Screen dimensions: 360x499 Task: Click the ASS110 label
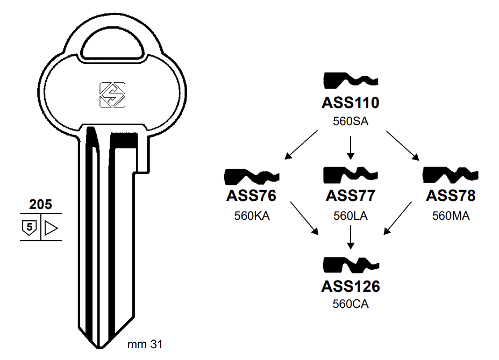click(350, 102)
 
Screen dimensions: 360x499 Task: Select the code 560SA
click(350, 121)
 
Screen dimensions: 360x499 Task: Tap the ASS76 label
click(251, 196)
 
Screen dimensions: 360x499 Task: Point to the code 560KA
click(251, 215)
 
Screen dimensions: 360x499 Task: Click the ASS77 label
click(350, 196)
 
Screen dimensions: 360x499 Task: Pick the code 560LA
click(350, 215)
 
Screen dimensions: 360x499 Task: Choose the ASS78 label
click(451, 196)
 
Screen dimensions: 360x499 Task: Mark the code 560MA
click(451, 215)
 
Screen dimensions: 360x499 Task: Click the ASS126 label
click(350, 286)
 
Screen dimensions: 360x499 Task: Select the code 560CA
click(350, 305)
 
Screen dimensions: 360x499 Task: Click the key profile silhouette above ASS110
click(350, 81)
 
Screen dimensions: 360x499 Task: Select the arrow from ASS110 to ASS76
click(303, 145)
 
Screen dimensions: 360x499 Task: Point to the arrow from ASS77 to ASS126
click(350, 236)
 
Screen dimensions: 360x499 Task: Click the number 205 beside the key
click(40, 204)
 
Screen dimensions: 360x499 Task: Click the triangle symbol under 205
click(51, 228)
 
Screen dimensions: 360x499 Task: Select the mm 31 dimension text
click(145, 344)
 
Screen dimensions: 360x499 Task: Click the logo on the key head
click(112, 95)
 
